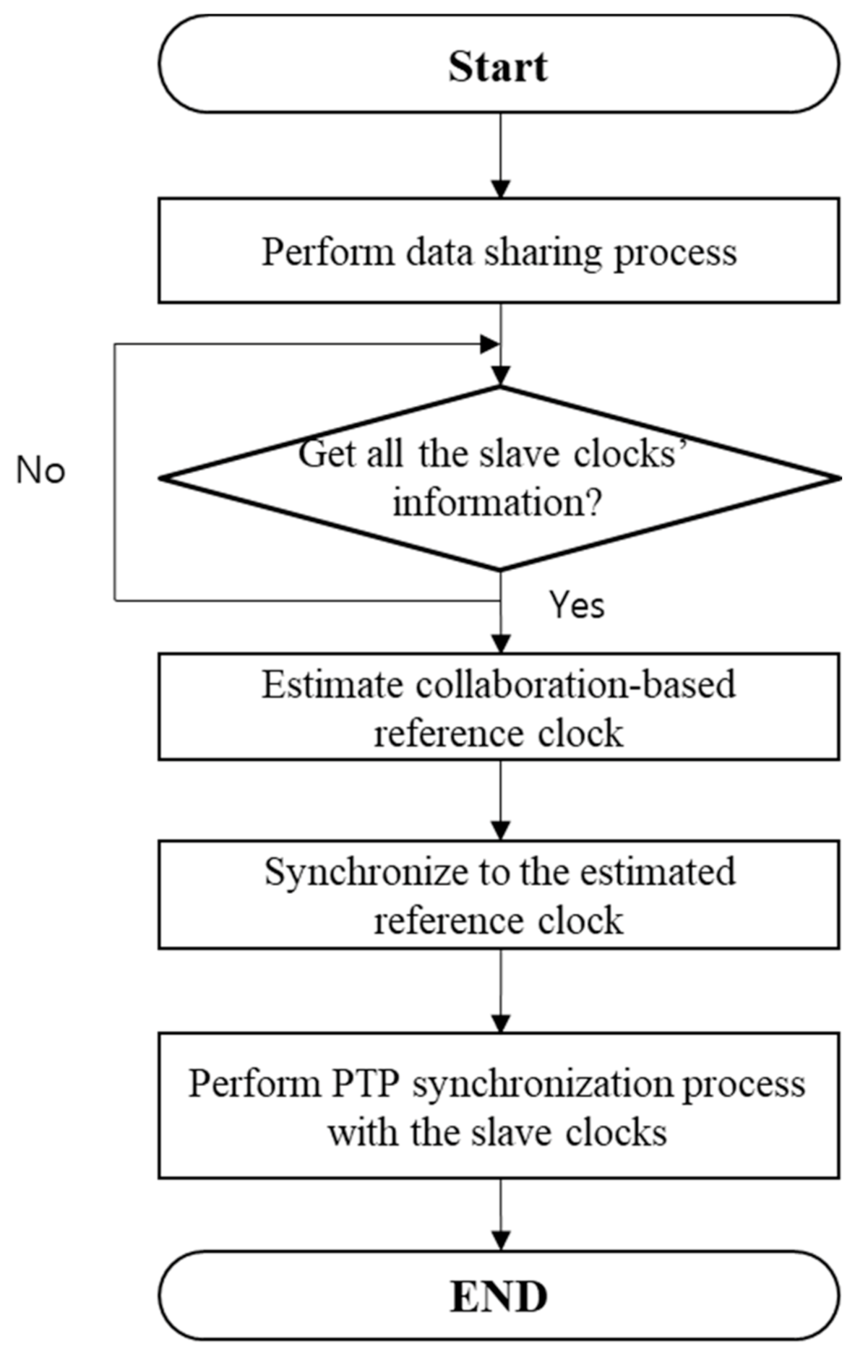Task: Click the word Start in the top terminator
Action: pos(498,66)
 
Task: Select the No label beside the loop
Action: pos(40,471)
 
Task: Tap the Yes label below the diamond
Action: pos(576,604)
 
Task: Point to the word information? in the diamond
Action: pos(497,502)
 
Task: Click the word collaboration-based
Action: pos(575,684)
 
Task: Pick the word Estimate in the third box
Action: pos(332,684)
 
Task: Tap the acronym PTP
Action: pos(366,1084)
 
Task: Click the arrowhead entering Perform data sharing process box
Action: pos(500,189)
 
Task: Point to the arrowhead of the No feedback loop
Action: pos(490,345)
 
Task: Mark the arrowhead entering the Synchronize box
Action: pos(500,831)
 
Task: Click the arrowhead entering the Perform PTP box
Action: pos(500,1023)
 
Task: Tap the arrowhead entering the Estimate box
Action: pos(500,644)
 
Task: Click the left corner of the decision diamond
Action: pos(162,478)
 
